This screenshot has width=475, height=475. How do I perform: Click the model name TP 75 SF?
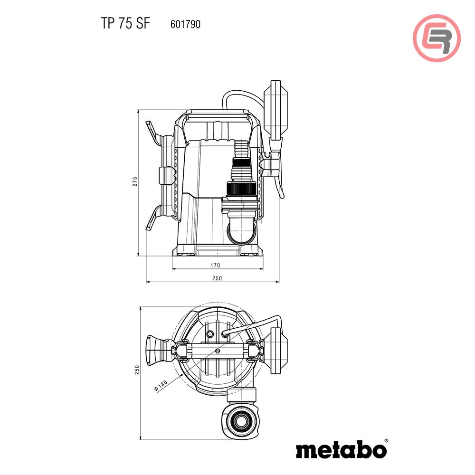(x=125, y=24)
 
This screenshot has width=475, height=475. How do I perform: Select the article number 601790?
(x=185, y=25)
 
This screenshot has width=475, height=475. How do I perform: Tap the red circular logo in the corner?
(x=437, y=38)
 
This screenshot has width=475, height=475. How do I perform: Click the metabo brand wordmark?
(x=341, y=449)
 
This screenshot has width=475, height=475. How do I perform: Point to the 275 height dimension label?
(x=135, y=181)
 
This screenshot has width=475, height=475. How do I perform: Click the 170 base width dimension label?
(x=215, y=265)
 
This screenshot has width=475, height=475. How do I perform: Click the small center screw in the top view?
(x=217, y=351)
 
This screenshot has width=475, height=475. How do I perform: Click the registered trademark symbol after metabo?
(x=386, y=441)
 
